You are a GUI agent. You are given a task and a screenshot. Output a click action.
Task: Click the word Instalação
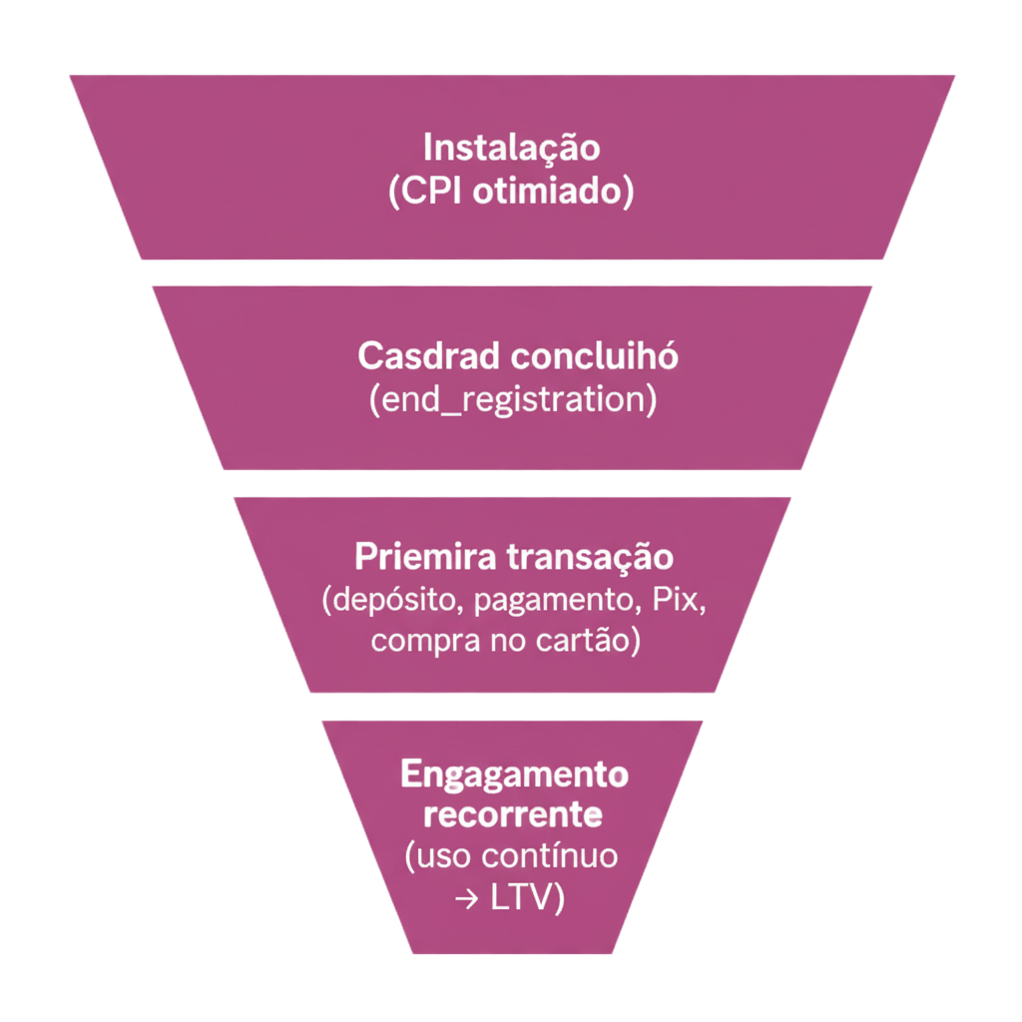tap(511, 148)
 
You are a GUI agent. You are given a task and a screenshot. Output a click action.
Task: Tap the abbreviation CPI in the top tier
tap(431, 191)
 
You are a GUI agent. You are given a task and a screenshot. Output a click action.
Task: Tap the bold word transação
tap(588, 556)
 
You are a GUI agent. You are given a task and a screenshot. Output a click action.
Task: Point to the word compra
tap(416, 641)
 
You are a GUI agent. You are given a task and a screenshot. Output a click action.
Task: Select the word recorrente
tap(513, 814)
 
